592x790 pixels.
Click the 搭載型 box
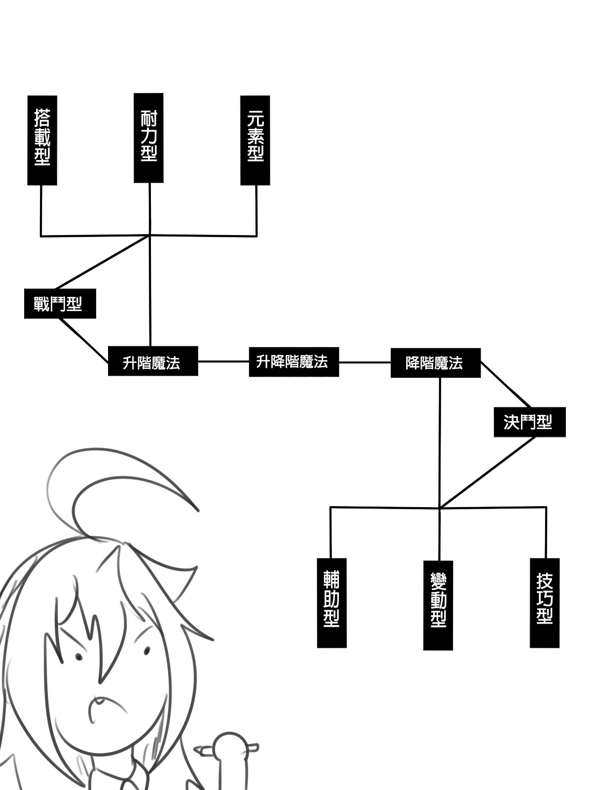(42, 140)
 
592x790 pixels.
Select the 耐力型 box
(148, 138)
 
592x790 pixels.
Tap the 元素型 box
(255, 140)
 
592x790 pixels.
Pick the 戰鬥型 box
(60, 304)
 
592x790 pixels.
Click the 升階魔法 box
(153, 361)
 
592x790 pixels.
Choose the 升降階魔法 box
(294, 362)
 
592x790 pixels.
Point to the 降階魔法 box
(435, 363)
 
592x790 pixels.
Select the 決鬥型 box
(529, 422)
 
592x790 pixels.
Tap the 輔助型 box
(332, 603)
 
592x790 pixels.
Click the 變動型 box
(438, 605)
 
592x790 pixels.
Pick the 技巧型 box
(545, 603)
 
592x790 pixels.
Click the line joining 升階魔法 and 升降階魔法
(223, 361)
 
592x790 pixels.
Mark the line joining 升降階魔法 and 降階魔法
(365, 362)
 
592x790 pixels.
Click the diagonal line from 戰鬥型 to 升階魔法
(84, 340)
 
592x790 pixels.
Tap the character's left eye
(78, 657)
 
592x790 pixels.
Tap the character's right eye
(147, 652)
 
